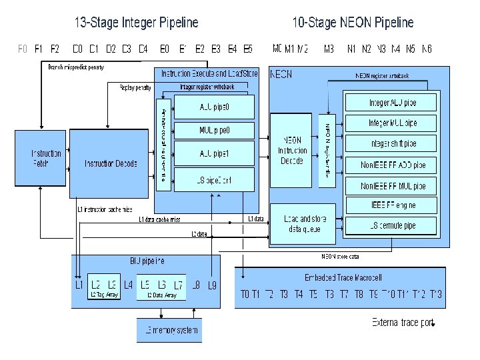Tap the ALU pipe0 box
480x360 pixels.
214,107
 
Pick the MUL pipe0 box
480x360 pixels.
214,129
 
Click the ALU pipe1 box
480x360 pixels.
214,153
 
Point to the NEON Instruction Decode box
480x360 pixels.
293,150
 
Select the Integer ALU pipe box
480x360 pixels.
393,103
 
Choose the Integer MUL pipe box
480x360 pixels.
393,123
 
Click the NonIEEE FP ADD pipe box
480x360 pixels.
393,165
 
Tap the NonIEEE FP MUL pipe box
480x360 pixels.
393,186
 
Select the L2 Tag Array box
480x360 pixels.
104,287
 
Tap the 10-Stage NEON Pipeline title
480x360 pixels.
353,23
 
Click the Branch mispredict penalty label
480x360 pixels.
76,67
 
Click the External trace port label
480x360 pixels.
403,323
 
